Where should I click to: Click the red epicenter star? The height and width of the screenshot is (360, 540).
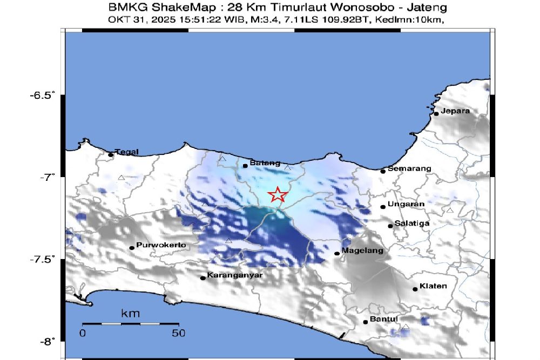(278, 194)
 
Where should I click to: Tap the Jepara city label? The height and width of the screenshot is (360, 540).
(455, 111)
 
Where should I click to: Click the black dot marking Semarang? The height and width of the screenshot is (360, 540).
(383, 171)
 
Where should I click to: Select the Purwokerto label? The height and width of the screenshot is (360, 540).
(161, 245)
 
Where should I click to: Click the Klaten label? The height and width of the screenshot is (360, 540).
(433, 286)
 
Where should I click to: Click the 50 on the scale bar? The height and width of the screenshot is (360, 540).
(178, 334)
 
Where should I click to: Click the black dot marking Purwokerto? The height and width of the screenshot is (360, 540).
(132, 248)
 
